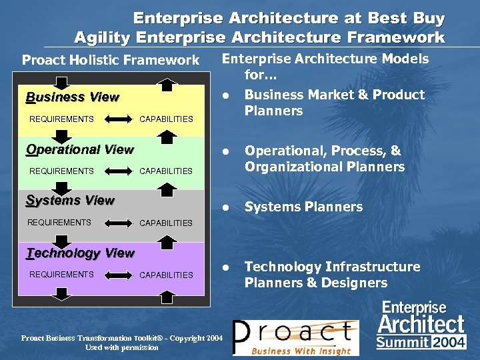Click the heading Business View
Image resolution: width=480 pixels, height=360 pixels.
72,97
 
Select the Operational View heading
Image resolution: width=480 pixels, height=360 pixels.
79,149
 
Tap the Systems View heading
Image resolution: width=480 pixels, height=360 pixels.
70,200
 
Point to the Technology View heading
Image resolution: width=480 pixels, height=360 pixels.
80,253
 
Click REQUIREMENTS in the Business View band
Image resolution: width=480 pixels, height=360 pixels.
61,119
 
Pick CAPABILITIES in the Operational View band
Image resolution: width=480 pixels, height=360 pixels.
166,171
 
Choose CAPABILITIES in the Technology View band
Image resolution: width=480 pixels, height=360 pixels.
166,275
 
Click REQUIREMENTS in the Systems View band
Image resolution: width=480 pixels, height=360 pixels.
59,223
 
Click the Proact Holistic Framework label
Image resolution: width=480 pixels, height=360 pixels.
111,61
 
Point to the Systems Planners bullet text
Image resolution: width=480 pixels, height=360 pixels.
303,207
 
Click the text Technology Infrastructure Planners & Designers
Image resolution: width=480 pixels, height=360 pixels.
332,275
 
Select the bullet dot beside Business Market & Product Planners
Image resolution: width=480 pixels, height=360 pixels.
227,95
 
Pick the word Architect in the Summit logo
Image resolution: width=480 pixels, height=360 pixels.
421,325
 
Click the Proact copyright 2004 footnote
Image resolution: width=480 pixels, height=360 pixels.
122,343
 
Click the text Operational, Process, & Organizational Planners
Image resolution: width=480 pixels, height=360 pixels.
325,159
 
